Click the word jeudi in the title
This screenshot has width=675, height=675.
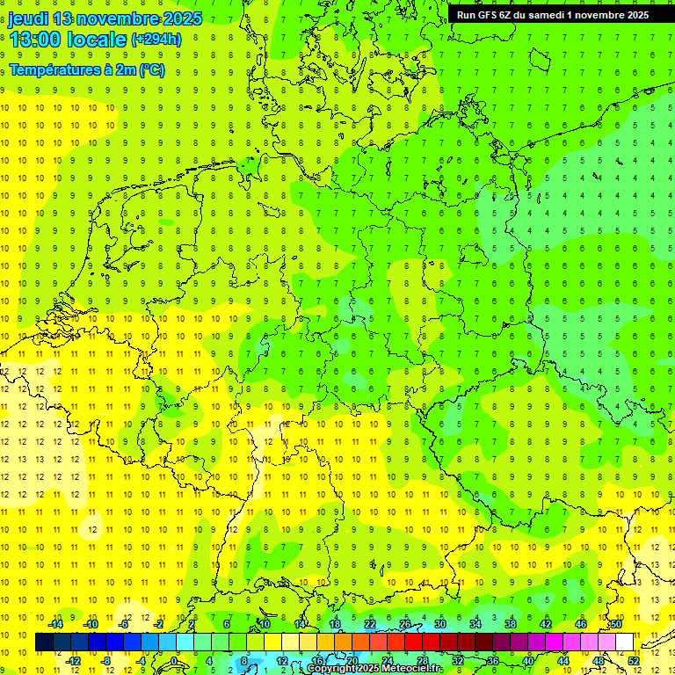[29, 18]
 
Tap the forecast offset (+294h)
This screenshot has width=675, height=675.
[156, 40]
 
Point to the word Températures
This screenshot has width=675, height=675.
[54, 69]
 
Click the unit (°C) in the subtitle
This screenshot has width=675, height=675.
[151, 69]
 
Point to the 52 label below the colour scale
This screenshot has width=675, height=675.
[633, 661]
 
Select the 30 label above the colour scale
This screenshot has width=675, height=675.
[439, 624]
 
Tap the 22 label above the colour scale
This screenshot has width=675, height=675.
[369, 624]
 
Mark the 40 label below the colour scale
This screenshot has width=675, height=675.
[527, 661]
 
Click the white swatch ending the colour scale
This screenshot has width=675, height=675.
[624, 642]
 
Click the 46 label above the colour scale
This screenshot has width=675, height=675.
[580, 624]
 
